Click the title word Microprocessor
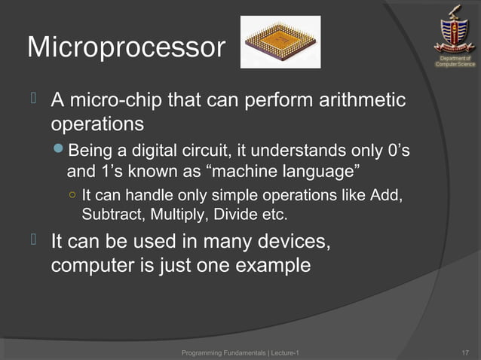pos(126,49)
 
